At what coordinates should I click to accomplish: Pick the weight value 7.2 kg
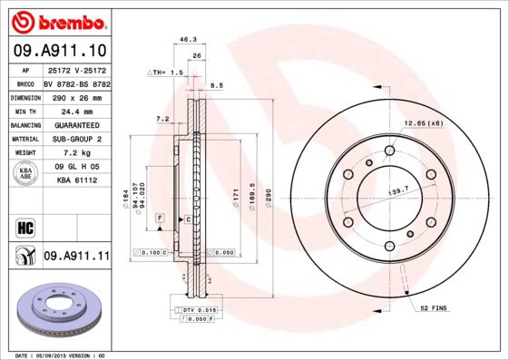point(76,153)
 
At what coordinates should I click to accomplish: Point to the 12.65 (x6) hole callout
point(423,123)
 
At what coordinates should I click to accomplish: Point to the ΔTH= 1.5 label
point(166,71)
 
